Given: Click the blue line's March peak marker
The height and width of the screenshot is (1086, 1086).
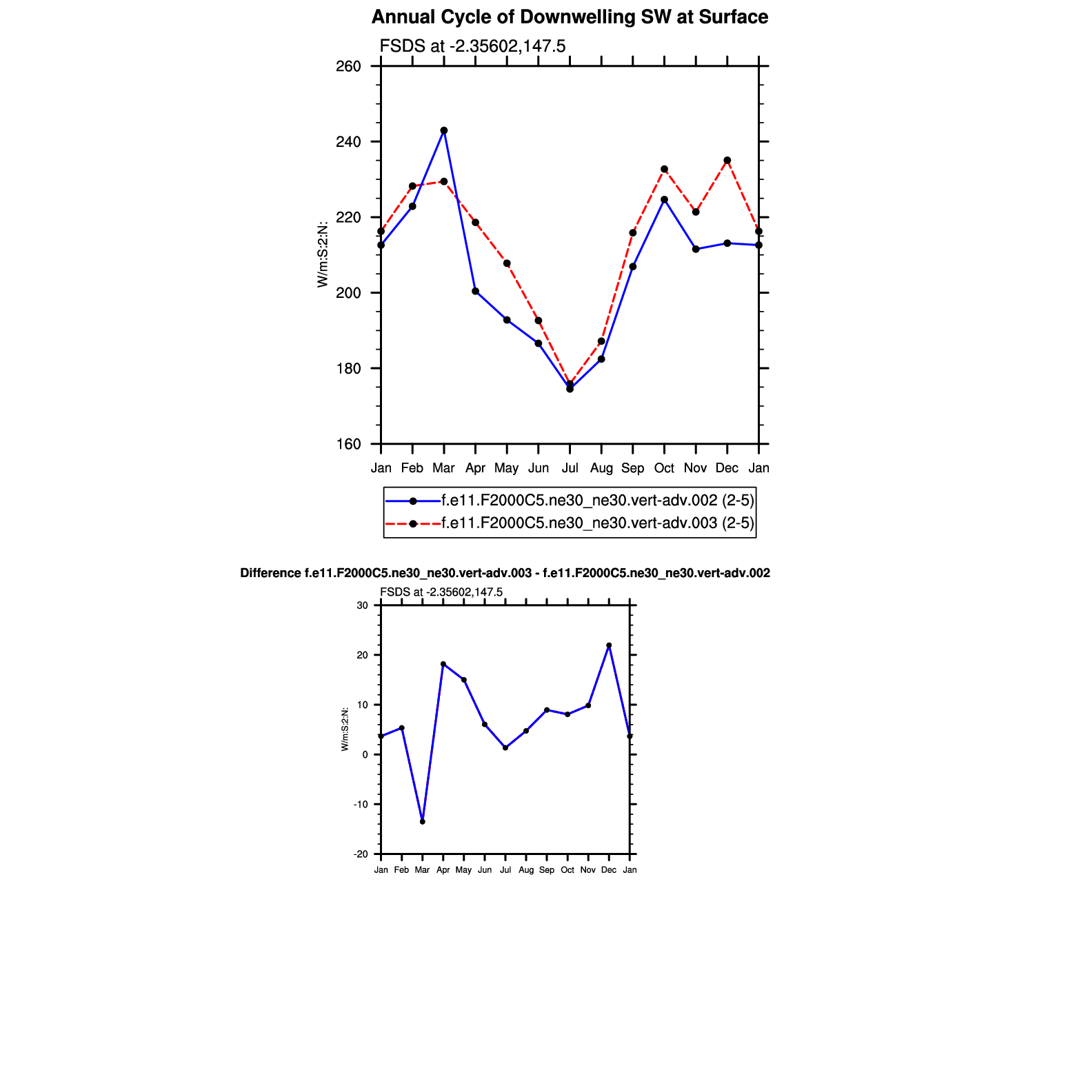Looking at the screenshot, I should point(444,130).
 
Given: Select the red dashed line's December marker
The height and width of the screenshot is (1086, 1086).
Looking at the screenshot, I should point(727,161).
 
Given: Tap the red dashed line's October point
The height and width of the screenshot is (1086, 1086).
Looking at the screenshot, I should point(664,169).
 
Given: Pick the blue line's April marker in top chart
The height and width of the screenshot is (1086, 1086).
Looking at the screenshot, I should point(476,291).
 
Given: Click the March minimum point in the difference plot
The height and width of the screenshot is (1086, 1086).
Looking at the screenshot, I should point(423,822).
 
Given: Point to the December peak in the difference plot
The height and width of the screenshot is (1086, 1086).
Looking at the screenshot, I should point(609,645).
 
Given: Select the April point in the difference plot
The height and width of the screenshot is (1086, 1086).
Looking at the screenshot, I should point(443,664).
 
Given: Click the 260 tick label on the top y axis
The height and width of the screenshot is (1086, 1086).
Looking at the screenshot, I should point(349,67).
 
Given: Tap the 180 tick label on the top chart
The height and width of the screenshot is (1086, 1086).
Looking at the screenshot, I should point(349,369).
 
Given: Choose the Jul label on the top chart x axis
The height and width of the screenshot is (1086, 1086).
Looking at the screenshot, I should point(570,468).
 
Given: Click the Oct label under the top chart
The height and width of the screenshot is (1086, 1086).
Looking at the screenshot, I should point(664,468).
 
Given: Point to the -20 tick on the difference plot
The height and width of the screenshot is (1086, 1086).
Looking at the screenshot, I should point(361,854).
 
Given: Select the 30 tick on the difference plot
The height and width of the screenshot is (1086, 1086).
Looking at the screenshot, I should point(363,606).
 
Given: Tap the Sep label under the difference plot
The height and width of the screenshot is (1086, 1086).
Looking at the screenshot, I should point(547,870).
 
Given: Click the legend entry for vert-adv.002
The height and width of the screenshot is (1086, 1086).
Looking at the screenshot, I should point(597,501).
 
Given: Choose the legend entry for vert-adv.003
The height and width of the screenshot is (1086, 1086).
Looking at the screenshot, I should point(597,523).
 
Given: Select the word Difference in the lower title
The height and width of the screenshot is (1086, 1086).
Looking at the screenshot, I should point(270,573).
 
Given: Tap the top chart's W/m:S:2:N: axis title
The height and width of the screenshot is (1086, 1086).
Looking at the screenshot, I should point(322,254).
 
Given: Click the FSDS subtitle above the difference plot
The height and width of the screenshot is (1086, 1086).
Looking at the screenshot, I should point(441,592).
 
